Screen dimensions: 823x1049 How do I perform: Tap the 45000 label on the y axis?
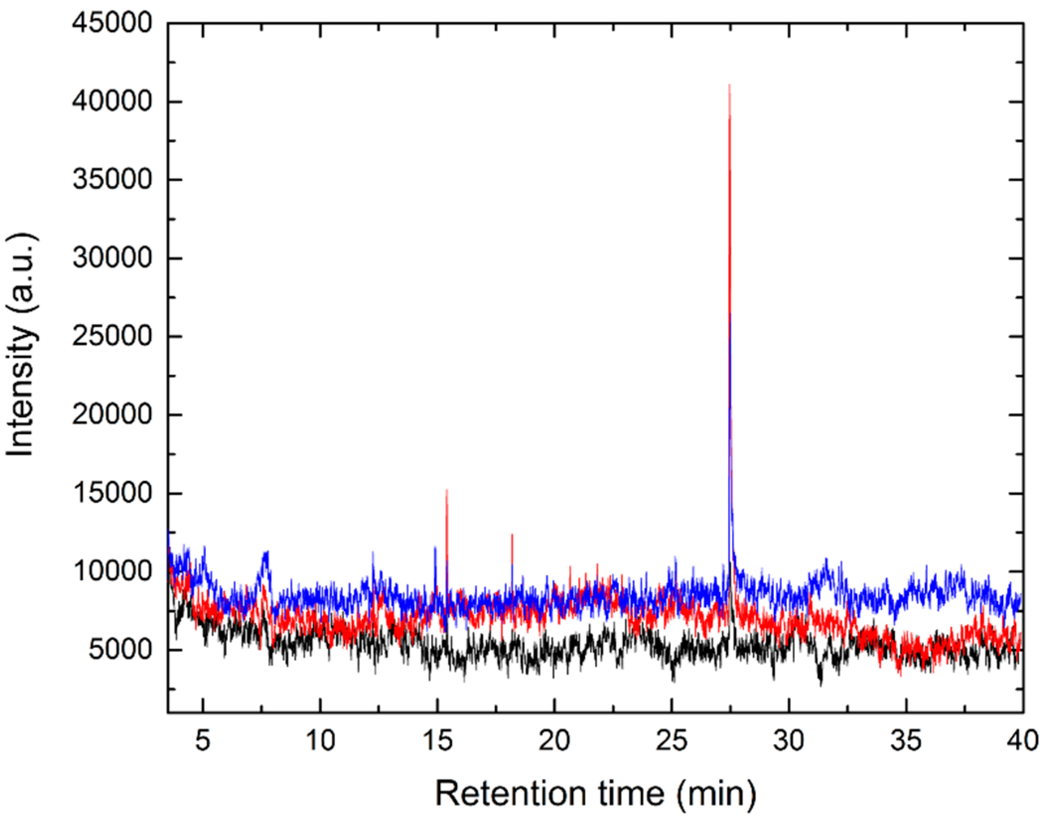[x=111, y=23]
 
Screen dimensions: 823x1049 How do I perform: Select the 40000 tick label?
[x=111, y=101]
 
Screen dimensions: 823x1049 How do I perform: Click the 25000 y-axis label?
[x=111, y=336]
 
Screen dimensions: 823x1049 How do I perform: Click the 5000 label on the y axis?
[x=119, y=649]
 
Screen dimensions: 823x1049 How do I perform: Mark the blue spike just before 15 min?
[x=435, y=549]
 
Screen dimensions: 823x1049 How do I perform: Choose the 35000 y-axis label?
[x=111, y=180]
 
